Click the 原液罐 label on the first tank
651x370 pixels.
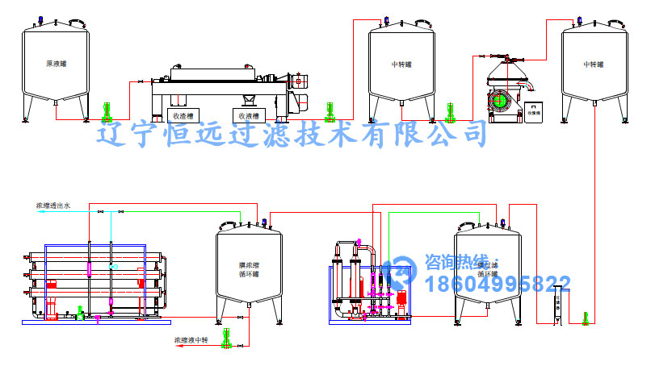pyautogui.click(x=55, y=64)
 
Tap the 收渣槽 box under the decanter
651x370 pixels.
pyautogui.click(x=180, y=114)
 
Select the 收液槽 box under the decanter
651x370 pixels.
pyautogui.click(x=246, y=114)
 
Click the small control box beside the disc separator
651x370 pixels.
pyautogui.click(x=533, y=113)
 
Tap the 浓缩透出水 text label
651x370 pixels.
pyautogui.click(x=53, y=206)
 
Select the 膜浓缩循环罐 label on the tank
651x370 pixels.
pyautogui.click(x=249, y=269)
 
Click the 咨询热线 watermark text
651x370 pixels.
pyautogui.click(x=456, y=262)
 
